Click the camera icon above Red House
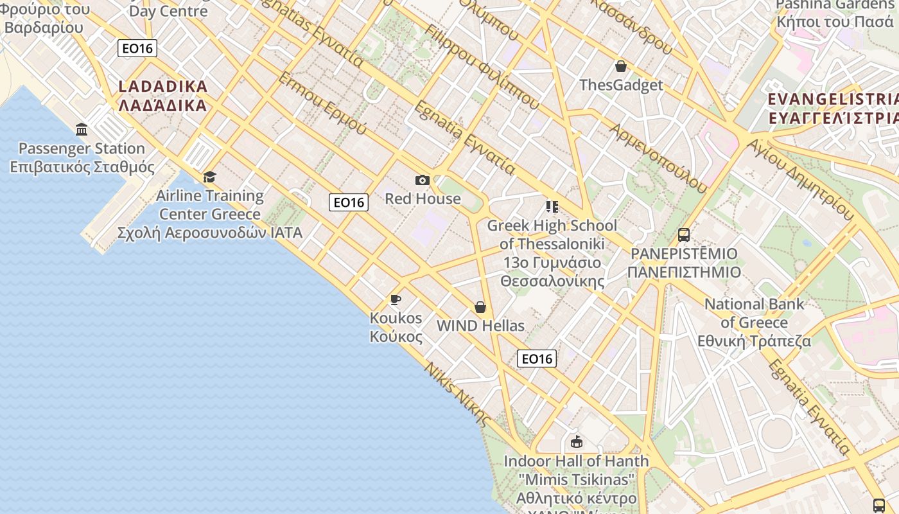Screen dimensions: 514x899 click(x=422, y=180)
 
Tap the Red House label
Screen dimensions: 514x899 click(x=423, y=199)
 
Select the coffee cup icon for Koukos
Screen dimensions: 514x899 click(x=396, y=299)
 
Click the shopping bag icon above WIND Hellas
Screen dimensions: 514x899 click(x=480, y=307)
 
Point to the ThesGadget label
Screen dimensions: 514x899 click(x=621, y=85)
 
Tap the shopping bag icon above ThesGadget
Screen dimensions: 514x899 click(x=620, y=66)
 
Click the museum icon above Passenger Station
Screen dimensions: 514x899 click(x=82, y=130)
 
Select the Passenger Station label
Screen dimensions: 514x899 click(x=82, y=158)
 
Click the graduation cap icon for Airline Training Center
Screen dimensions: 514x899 click(x=209, y=177)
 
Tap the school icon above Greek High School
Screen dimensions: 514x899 click(x=552, y=207)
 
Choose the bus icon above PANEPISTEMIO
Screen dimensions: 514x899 click(x=683, y=235)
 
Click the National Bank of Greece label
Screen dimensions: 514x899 click(x=754, y=323)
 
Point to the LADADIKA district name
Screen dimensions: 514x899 click(x=163, y=96)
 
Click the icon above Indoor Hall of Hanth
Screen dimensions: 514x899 click(x=576, y=442)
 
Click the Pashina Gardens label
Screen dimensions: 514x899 click(x=834, y=13)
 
